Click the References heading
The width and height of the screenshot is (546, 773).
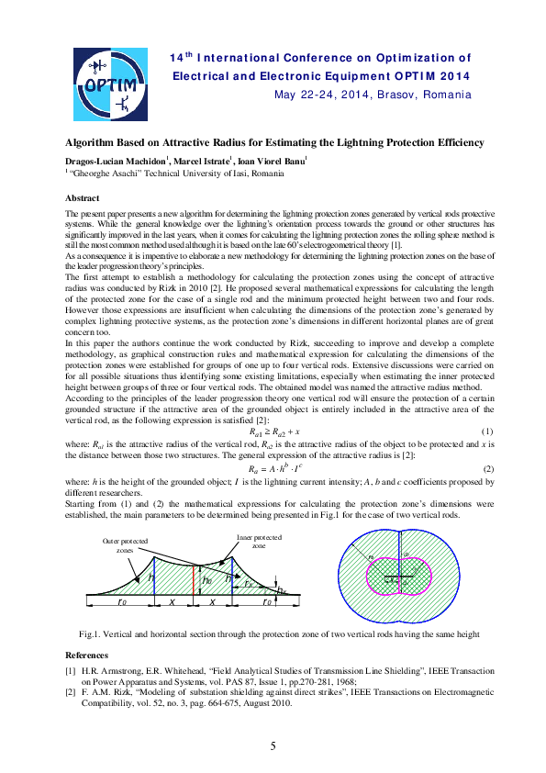point(87,655)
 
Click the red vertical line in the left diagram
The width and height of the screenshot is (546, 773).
point(194,583)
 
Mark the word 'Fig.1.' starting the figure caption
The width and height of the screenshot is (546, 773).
point(90,635)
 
